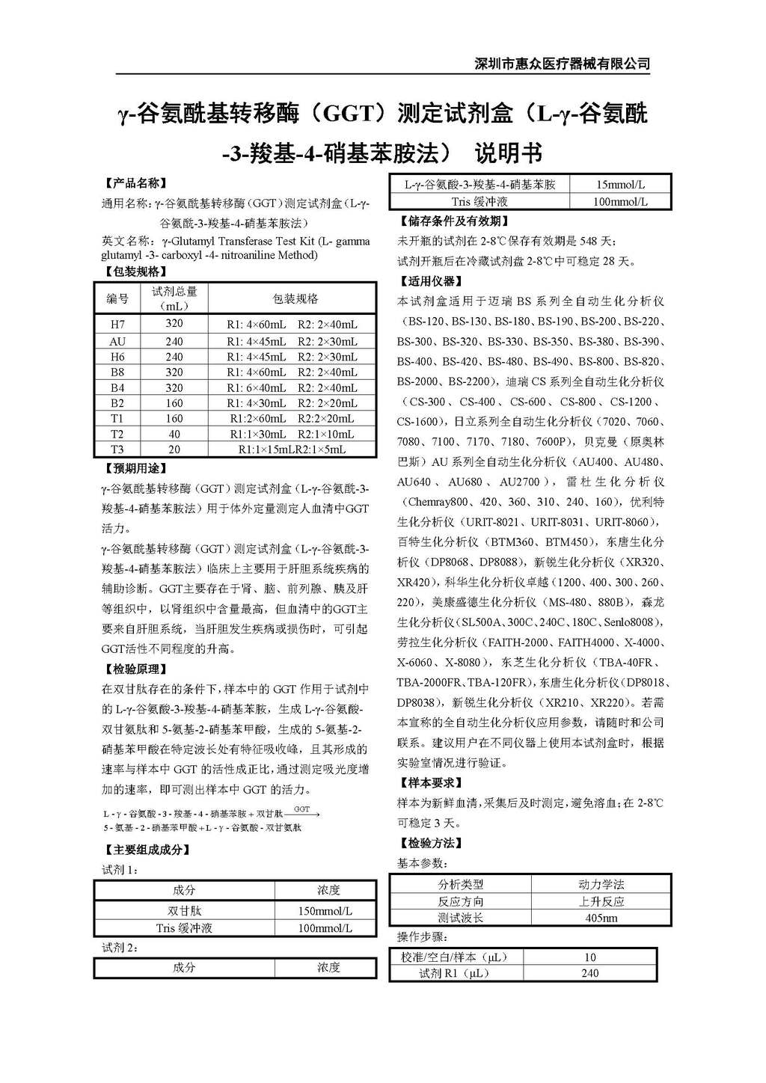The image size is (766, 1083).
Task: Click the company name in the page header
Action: pos(563,64)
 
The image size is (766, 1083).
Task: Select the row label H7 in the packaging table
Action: pos(117,324)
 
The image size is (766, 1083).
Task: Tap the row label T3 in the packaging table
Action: pos(117,450)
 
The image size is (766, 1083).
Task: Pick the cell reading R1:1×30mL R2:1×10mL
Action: pos(292,434)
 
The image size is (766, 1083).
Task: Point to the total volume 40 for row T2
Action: pos(174,434)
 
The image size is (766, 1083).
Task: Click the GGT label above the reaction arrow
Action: pos(302,809)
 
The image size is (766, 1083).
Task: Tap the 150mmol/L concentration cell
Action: pos(325,911)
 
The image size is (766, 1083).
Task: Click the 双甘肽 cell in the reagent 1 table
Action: pos(184,911)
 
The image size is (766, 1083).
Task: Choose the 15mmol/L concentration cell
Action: pos(620,184)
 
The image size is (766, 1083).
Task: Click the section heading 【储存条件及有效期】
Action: pos(455,221)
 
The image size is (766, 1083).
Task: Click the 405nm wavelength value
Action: pos(601,918)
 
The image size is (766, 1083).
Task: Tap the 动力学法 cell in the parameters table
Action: pos(601,885)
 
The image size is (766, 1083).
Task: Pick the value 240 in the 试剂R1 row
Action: pos(589,973)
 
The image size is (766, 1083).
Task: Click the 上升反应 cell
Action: pos(601,901)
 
